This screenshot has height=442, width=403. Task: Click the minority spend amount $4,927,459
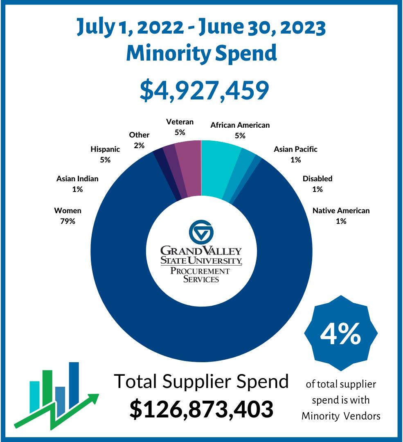(204, 91)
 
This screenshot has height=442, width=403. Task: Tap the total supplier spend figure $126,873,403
(201, 409)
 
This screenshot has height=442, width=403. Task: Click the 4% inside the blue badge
(340, 334)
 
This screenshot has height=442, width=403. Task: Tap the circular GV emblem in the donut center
(201, 232)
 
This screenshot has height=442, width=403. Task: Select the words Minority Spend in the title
(201, 53)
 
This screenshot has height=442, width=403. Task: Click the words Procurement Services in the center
(200, 275)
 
